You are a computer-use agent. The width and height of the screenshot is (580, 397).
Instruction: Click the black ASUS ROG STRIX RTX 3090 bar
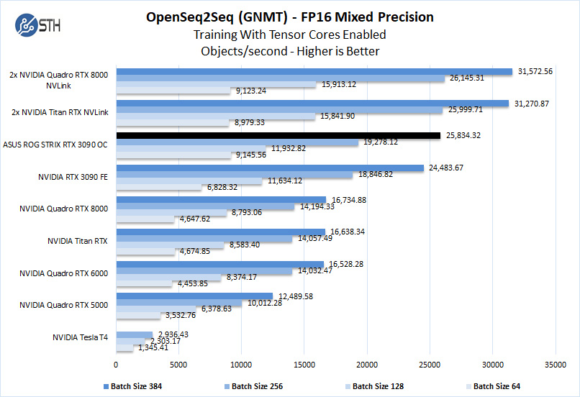coord(278,135)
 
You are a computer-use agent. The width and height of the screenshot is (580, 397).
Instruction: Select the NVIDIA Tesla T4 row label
coord(80,337)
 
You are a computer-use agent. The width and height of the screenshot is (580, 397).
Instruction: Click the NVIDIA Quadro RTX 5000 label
coord(63,305)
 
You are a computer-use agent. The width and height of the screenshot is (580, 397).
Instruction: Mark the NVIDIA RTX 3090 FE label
coord(74,176)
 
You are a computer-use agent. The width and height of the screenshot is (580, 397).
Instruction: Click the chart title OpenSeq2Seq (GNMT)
coord(290,16)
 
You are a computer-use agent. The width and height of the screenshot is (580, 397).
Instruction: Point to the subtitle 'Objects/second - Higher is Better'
coord(290,51)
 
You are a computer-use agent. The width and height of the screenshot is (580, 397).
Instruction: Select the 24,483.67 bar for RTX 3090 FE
coord(270,168)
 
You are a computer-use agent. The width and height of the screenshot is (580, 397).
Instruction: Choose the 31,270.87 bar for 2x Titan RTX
coord(312,104)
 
